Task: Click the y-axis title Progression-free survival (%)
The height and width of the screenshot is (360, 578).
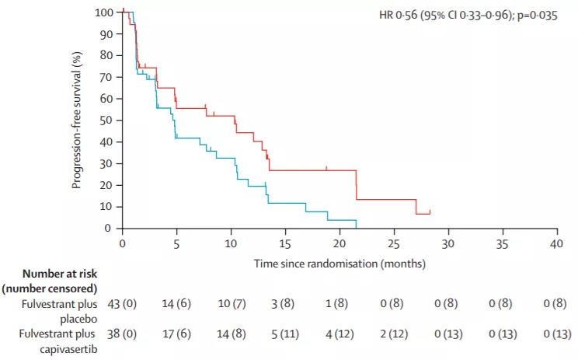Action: (x=77, y=121)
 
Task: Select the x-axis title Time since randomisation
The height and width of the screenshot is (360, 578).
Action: (x=339, y=264)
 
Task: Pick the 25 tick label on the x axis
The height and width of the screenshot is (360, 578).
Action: (x=394, y=243)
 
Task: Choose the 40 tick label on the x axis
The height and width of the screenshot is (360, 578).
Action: (x=556, y=243)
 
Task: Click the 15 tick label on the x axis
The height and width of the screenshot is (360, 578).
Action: (x=285, y=243)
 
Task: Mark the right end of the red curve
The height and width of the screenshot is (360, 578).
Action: (x=430, y=213)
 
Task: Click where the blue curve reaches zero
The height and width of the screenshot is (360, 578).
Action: (x=356, y=228)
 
